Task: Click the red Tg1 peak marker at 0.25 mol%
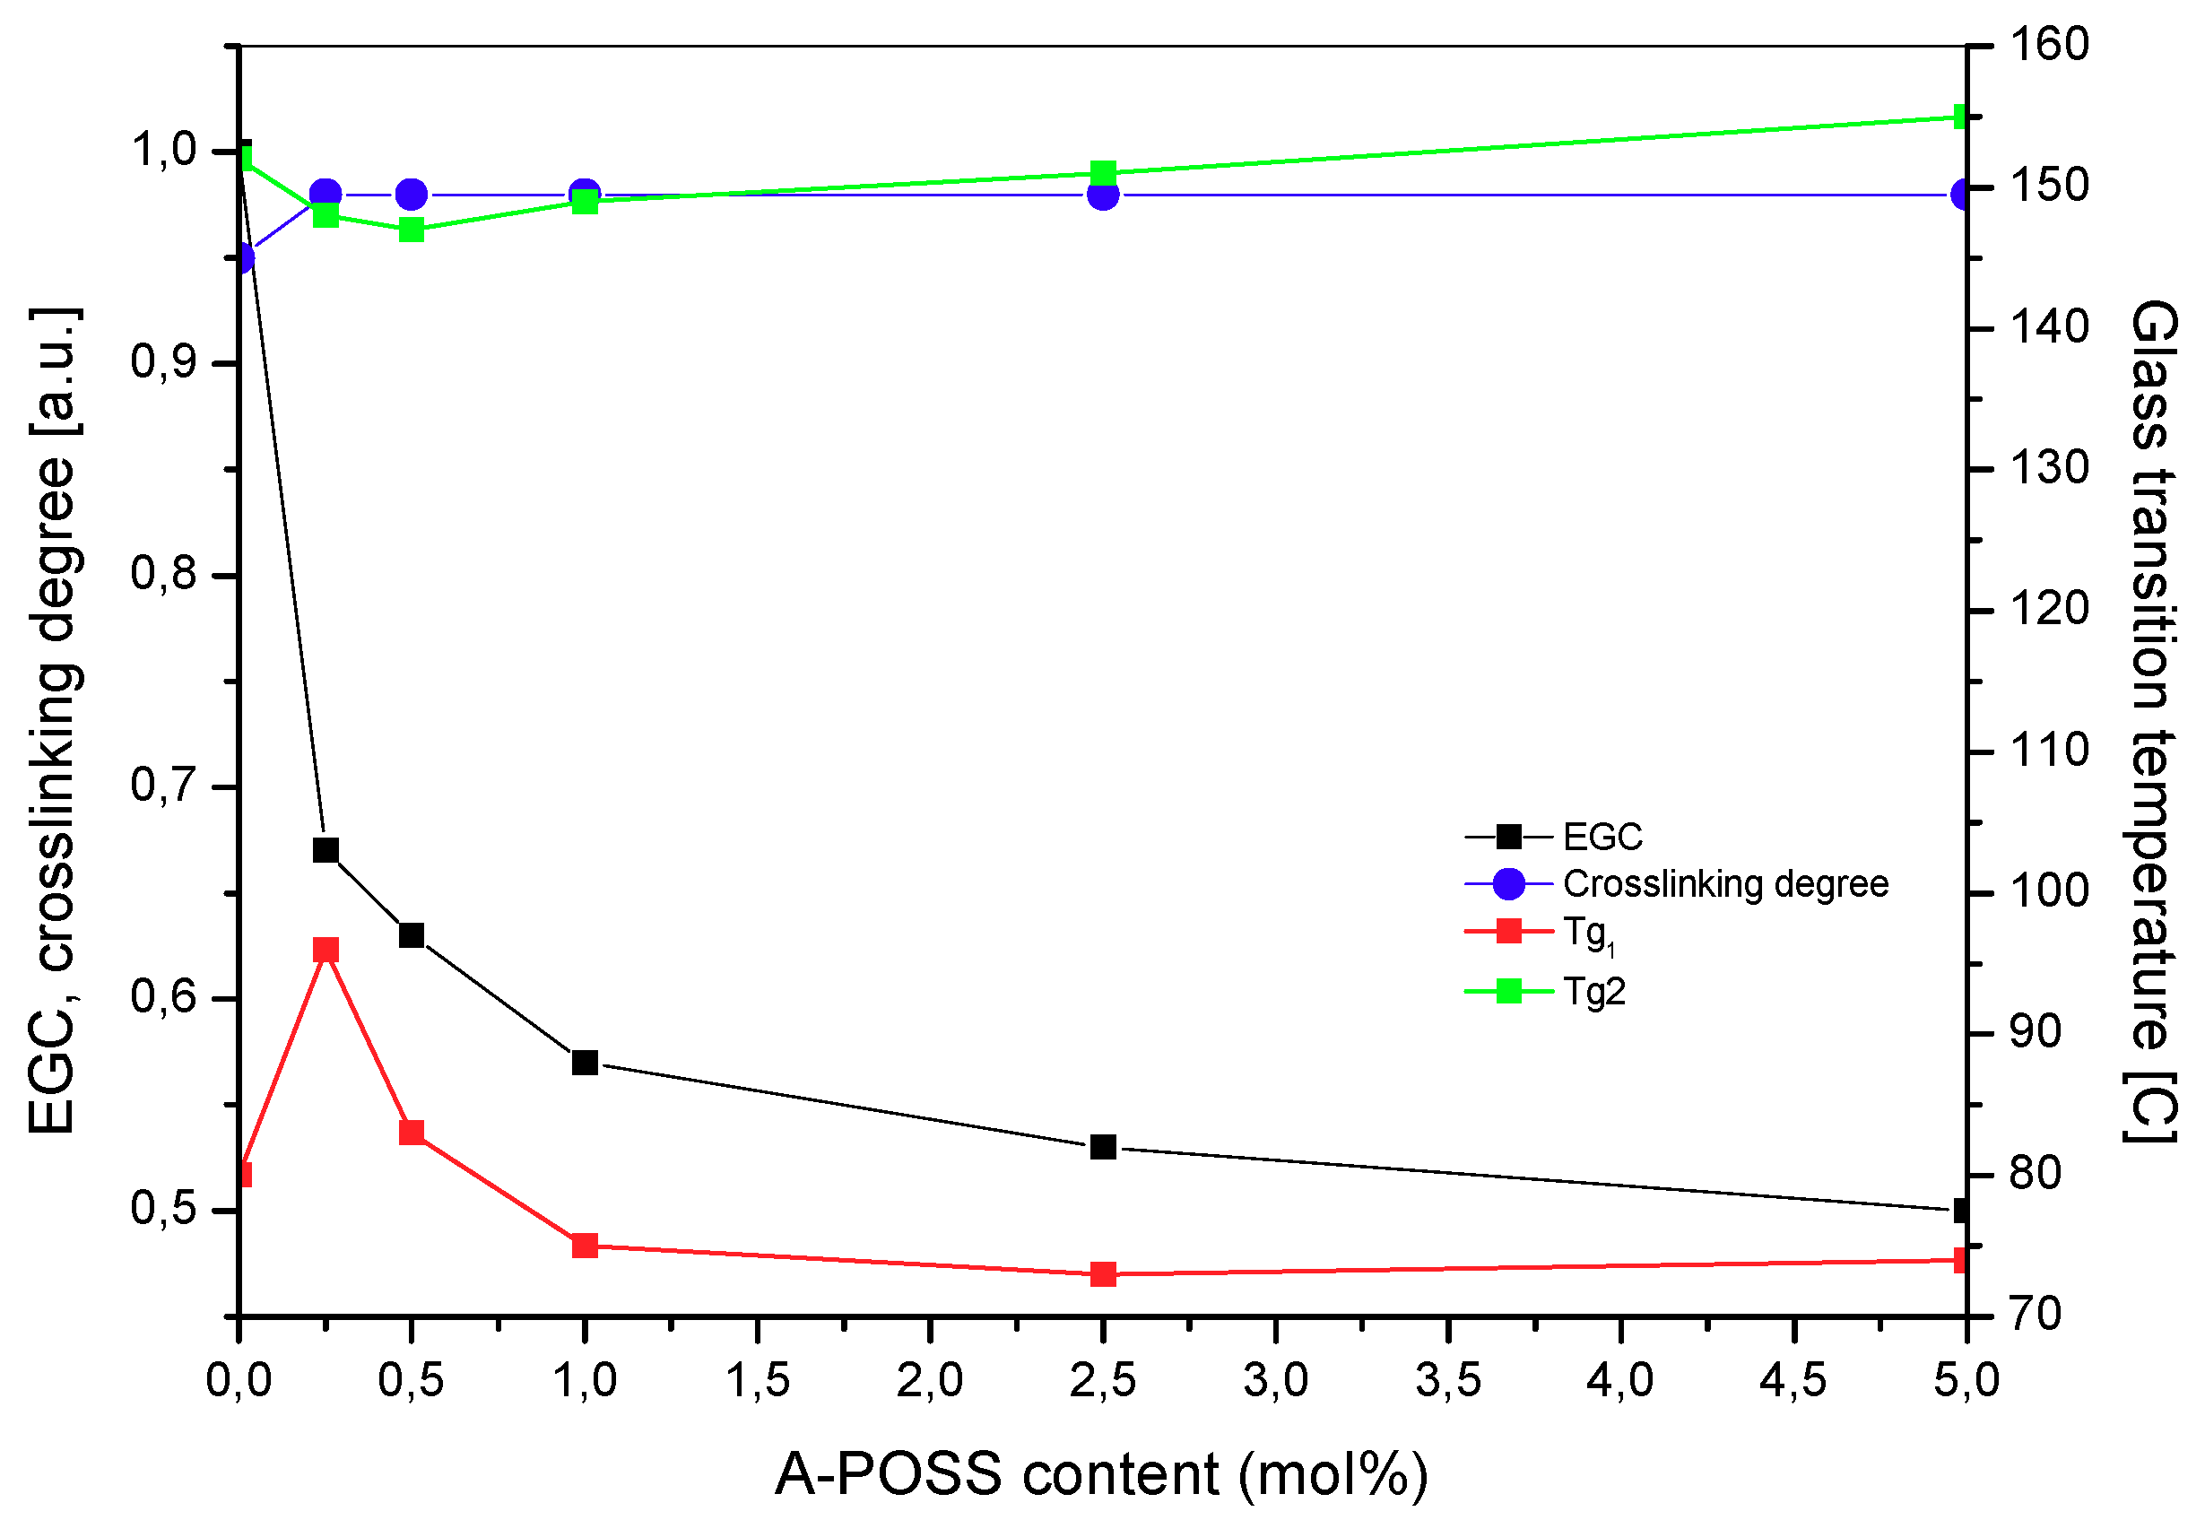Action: tap(326, 950)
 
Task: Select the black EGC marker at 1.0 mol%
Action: tap(585, 1062)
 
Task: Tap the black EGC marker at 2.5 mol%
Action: tap(1103, 1147)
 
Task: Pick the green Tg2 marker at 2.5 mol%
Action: tap(1103, 173)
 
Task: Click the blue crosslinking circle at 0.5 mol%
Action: tap(412, 195)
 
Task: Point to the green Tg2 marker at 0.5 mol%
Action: tap(412, 230)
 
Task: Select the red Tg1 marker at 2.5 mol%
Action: tap(1103, 1274)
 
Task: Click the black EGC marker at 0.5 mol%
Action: tap(412, 935)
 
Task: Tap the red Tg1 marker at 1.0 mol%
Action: tap(585, 1246)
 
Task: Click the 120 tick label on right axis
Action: tap(2049, 609)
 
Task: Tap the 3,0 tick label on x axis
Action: tap(1275, 1381)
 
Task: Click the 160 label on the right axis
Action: tap(2049, 44)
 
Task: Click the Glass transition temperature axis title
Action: tap(2154, 720)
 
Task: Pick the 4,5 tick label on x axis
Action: tap(1793, 1381)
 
